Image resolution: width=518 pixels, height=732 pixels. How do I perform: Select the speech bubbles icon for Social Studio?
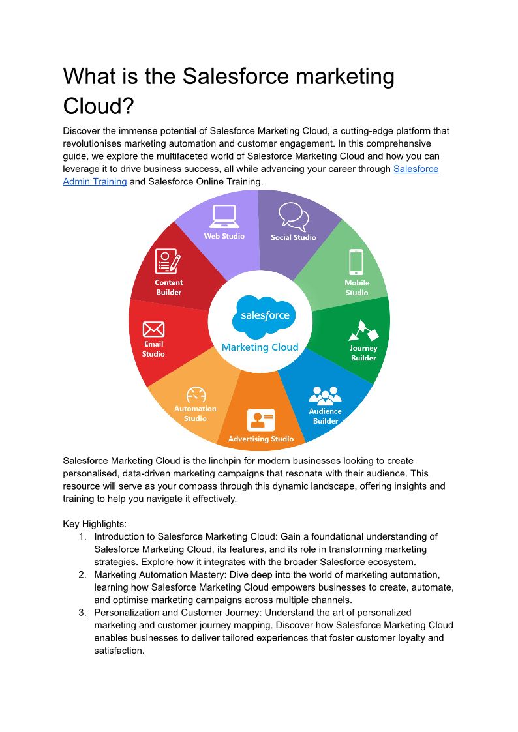tap(293, 216)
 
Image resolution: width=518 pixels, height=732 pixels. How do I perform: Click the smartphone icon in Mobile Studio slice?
tap(356, 262)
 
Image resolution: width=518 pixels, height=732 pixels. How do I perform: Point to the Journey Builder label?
tap(363, 353)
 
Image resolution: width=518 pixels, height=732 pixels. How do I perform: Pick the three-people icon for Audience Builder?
tap(325, 395)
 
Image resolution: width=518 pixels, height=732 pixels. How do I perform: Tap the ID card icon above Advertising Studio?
tap(260, 420)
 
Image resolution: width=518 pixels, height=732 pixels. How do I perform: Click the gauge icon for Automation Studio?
tap(196, 394)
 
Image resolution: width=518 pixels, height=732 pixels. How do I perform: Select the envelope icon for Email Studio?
tap(153, 329)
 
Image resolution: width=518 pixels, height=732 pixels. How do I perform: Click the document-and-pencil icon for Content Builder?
tap(167, 261)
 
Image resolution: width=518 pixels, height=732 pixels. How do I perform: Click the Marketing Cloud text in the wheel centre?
tap(260, 347)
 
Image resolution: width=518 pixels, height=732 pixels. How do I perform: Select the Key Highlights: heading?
tap(95, 524)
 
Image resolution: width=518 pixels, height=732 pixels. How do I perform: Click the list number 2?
tap(82, 575)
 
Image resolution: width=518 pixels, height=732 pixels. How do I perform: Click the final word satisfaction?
tap(119, 651)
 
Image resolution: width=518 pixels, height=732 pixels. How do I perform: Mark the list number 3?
tap(82, 613)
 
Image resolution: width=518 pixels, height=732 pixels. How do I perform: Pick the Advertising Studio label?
tap(260, 439)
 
